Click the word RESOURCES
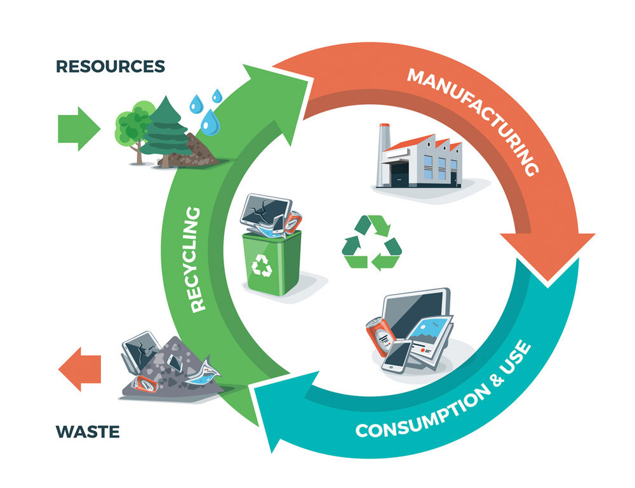[110, 66]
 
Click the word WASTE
[88, 433]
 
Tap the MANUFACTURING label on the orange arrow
[473, 121]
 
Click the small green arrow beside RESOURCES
[78, 128]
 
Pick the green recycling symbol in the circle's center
[372, 243]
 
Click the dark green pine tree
[164, 128]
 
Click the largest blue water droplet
[208, 123]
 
